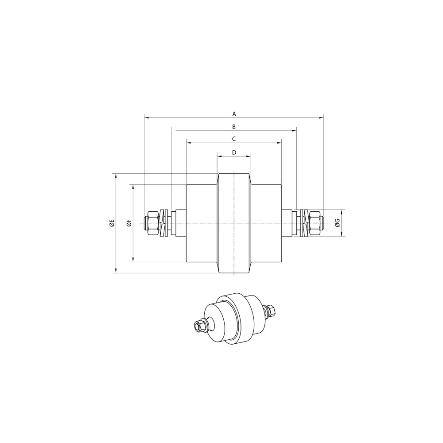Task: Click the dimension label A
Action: tap(234, 114)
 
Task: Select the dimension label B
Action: tap(234, 127)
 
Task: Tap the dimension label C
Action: tap(234, 139)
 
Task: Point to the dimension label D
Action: tap(234, 152)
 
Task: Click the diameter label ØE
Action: tap(112, 223)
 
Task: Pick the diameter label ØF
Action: tap(129, 223)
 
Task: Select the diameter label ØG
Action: tap(338, 223)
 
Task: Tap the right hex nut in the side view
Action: tap(315, 223)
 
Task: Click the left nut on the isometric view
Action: tap(198, 327)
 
